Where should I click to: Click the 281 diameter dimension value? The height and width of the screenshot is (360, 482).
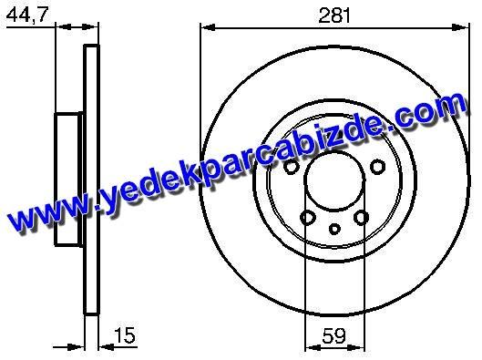coord(334,15)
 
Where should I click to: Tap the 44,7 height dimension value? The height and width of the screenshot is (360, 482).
coord(27,15)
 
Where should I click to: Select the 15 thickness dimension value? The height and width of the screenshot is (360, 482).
coord(125,335)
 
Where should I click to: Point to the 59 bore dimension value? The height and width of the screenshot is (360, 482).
coord(333,335)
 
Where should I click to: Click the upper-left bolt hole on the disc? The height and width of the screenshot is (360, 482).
coord(291,167)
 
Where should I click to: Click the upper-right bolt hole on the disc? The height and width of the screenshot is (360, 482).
coord(377,166)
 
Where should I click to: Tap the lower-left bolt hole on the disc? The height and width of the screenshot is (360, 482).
coord(307,218)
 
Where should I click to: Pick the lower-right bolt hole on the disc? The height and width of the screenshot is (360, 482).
coord(361,217)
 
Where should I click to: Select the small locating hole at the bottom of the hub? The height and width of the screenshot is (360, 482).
coord(334,229)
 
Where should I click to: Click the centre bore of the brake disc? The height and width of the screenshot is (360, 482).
coord(334,181)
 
